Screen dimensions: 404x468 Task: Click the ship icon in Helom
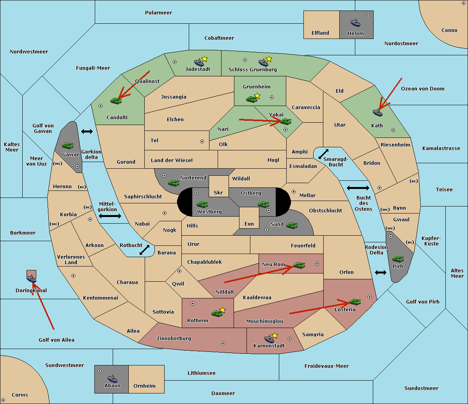coord(355,23)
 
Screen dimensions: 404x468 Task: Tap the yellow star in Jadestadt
coord(205,59)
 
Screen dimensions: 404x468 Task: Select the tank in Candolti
coord(116,101)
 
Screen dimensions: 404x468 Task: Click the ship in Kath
coord(378,113)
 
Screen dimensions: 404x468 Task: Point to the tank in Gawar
coord(67,146)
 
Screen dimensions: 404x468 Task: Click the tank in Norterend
coord(174,183)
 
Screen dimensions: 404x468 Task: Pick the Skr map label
coord(218,192)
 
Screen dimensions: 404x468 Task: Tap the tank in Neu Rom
coord(299,265)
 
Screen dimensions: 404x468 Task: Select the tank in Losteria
coord(355,302)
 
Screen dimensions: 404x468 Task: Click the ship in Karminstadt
coord(269,339)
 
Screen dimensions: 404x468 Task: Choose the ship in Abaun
coord(112,378)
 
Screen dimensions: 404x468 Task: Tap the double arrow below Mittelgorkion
coord(110,216)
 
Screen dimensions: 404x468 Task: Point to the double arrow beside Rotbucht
coord(144,250)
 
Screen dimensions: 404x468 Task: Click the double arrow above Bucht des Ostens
coord(358,188)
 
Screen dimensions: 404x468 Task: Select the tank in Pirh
coord(398,259)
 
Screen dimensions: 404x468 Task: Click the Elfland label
coord(320,33)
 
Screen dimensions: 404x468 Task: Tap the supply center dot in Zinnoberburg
coord(223,343)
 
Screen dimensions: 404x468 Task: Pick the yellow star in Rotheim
coord(223,310)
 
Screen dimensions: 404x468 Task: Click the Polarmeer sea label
coord(158,13)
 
